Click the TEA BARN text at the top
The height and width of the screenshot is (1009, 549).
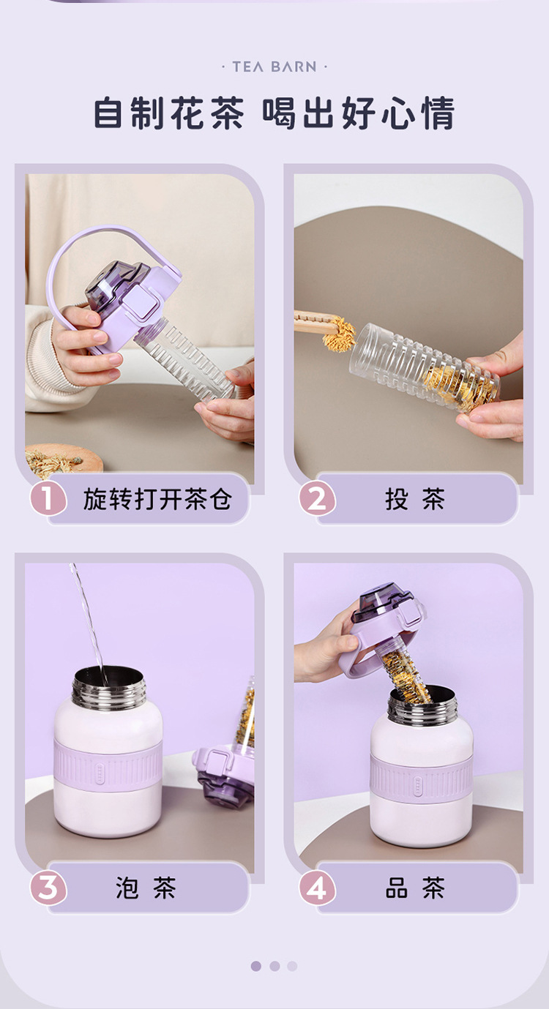tap(274, 67)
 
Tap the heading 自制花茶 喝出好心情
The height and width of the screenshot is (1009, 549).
tap(274, 113)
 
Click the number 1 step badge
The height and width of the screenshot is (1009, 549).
tap(48, 499)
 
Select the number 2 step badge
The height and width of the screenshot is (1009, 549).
tap(317, 499)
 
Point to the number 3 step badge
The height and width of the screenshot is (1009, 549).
tap(48, 888)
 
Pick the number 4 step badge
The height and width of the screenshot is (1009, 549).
tap(317, 888)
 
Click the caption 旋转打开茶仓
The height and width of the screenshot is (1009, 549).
tap(157, 499)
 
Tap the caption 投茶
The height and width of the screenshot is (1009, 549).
tap(415, 499)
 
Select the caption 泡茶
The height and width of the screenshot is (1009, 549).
tap(146, 888)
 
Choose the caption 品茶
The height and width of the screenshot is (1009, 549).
tap(415, 888)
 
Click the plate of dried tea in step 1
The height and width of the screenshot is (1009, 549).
tap(63, 460)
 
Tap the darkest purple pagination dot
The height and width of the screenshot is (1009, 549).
tap(256, 966)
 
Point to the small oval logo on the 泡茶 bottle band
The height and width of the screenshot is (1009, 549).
tap(99, 769)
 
